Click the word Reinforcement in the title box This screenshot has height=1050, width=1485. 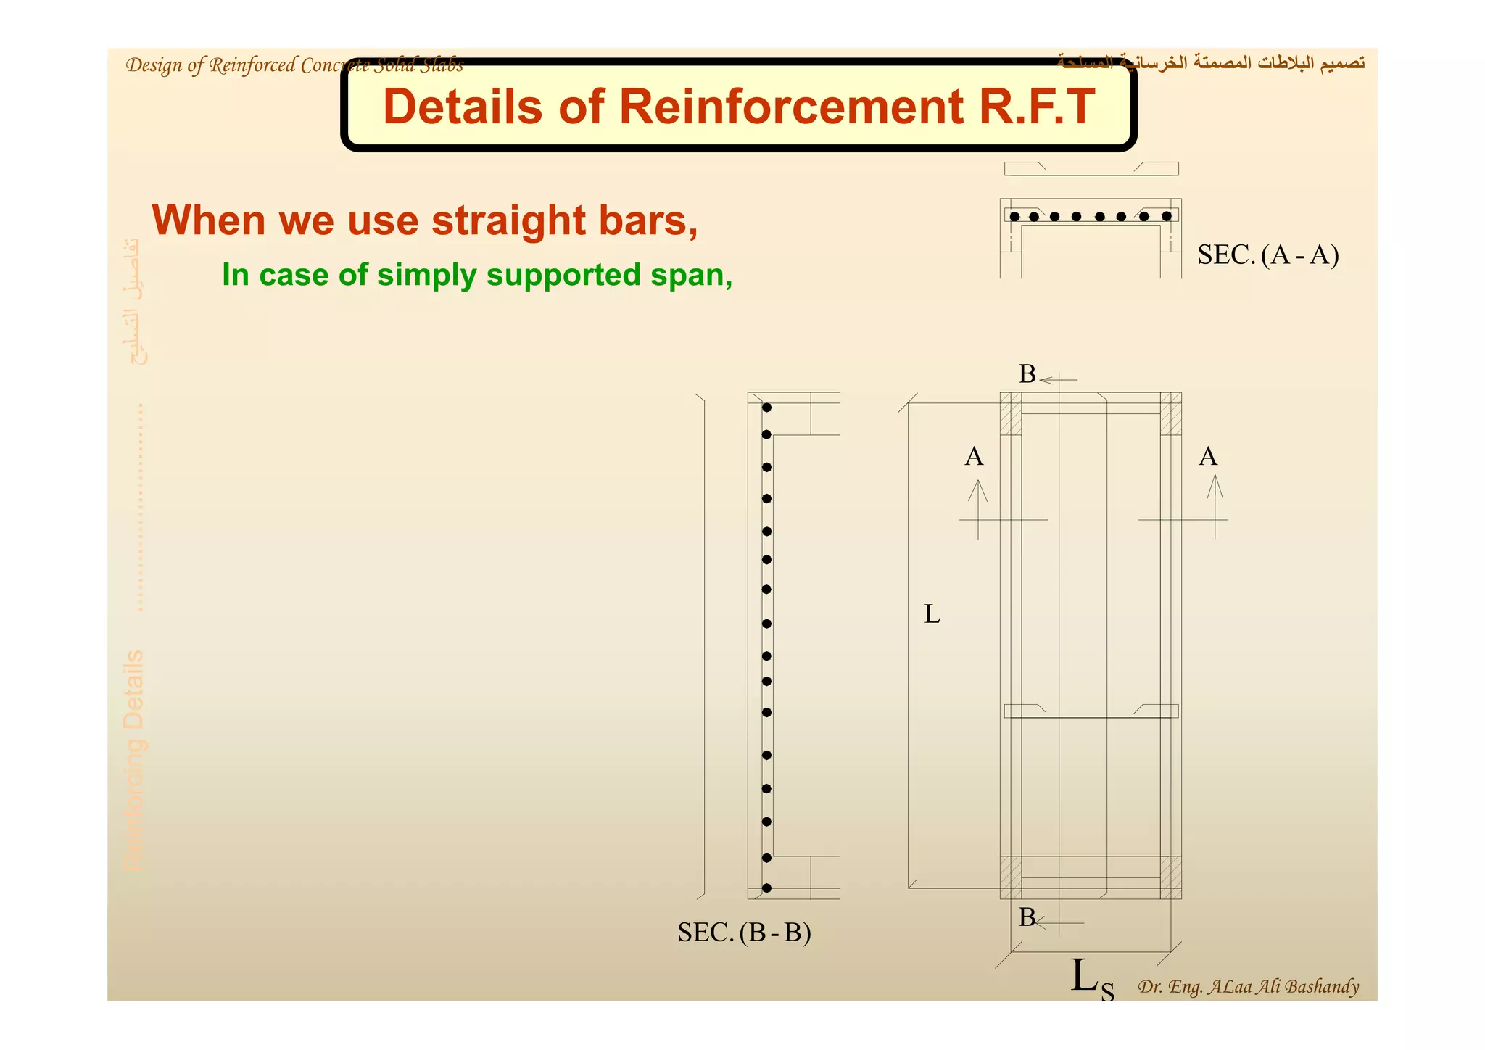[x=790, y=107]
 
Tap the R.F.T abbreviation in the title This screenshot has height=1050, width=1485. [x=1036, y=107]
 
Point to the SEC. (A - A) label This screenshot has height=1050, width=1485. [x=1267, y=255]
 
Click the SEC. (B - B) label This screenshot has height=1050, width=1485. [x=744, y=933]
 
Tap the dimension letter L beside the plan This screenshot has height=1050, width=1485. [x=932, y=615]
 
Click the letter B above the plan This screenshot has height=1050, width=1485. [x=1027, y=374]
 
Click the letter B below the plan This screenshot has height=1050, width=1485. [x=1027, y=917]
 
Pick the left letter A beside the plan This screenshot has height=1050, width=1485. [x=974, y=457]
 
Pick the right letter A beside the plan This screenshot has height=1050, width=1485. [x=1207, y=457]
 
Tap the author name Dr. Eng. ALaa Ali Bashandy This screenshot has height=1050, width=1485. [x=1248, y=987]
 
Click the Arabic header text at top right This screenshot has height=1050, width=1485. [x=1211, y=63]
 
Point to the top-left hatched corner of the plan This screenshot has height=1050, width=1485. [x=1011, y=413]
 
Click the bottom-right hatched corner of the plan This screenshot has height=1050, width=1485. [x=1170, y=877]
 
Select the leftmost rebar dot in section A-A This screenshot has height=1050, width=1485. [x=1014, y=217]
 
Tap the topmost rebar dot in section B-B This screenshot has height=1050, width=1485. [x=766, y=408]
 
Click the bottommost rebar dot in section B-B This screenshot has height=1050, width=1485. [x=766, y=888]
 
